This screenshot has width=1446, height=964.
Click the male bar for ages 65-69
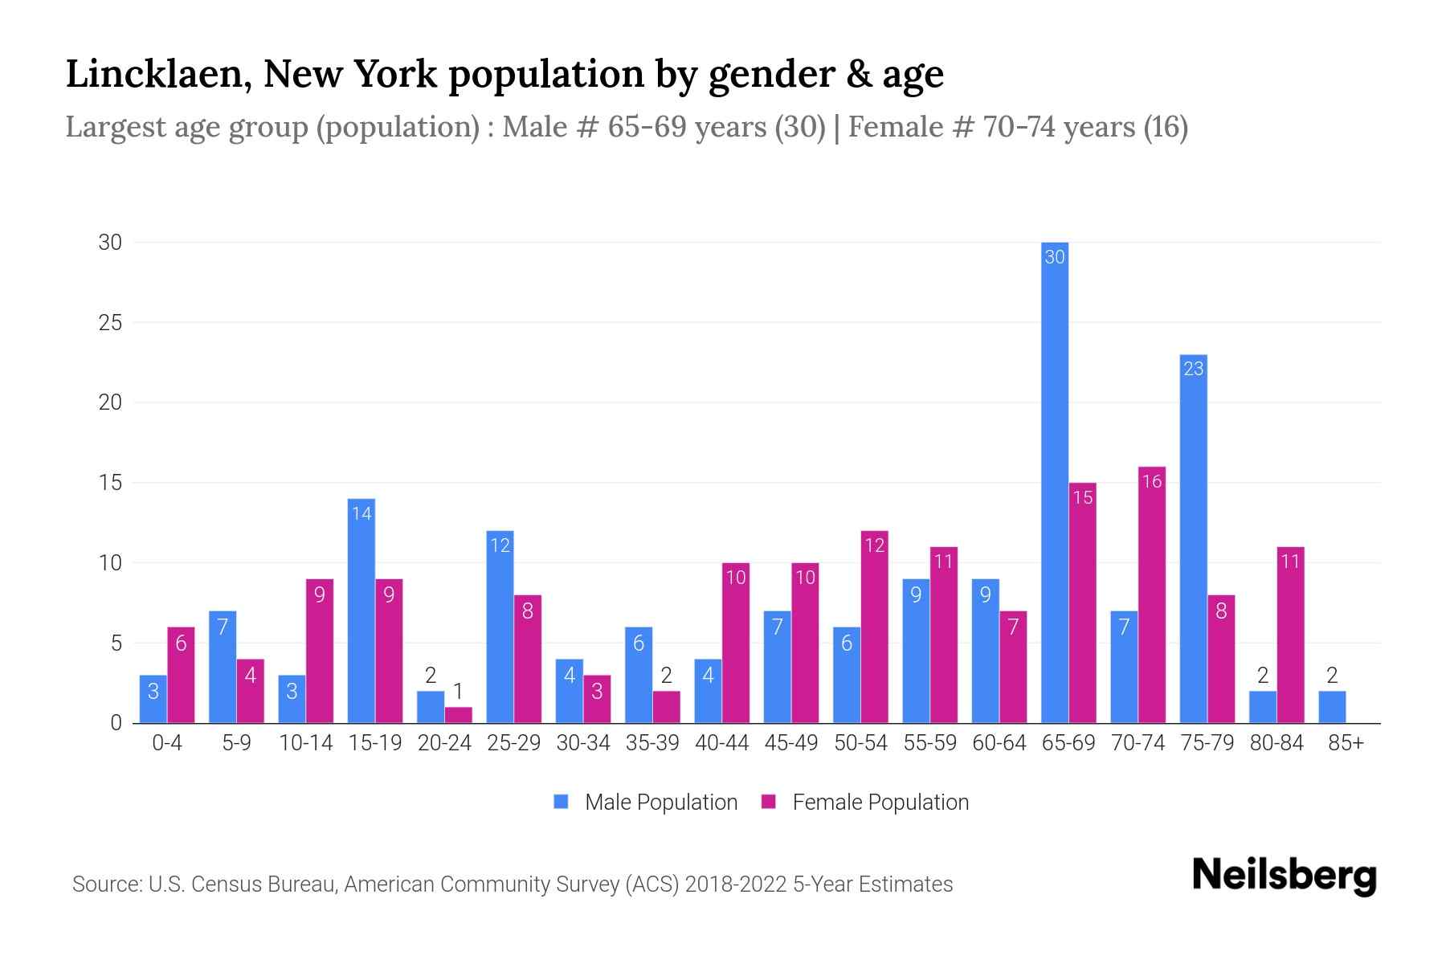[x=1054, y=482]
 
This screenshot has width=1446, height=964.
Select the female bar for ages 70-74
[x=1152, y=594]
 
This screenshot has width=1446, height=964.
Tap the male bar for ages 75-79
[x=1193, y=538]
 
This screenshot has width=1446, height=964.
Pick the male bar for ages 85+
[x=1332, y=707]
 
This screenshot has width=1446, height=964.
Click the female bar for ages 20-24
[x=458, y=715]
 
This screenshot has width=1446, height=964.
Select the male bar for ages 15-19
[x=361, y=611]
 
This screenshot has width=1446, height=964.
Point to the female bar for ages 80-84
[x=1290, y=635]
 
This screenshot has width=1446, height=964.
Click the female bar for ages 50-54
[x=874, y=627]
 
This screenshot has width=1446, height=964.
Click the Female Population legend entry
[x=866, y=802]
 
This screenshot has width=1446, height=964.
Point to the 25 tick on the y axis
[x=110, y=323]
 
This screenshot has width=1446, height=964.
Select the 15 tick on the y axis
[x=110, y=483]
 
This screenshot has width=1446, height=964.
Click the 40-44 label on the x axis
[x=721, y=743]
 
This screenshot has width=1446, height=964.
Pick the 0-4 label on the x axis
[x=167, y=743]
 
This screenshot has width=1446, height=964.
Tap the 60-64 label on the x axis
[x=999, y=743]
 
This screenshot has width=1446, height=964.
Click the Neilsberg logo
[x=1284, y=876]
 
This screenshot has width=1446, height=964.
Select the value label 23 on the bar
[x=1193, y=369]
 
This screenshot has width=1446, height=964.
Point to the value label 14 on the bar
[x=361, y=513]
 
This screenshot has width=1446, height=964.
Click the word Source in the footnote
[x=105, y=884]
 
